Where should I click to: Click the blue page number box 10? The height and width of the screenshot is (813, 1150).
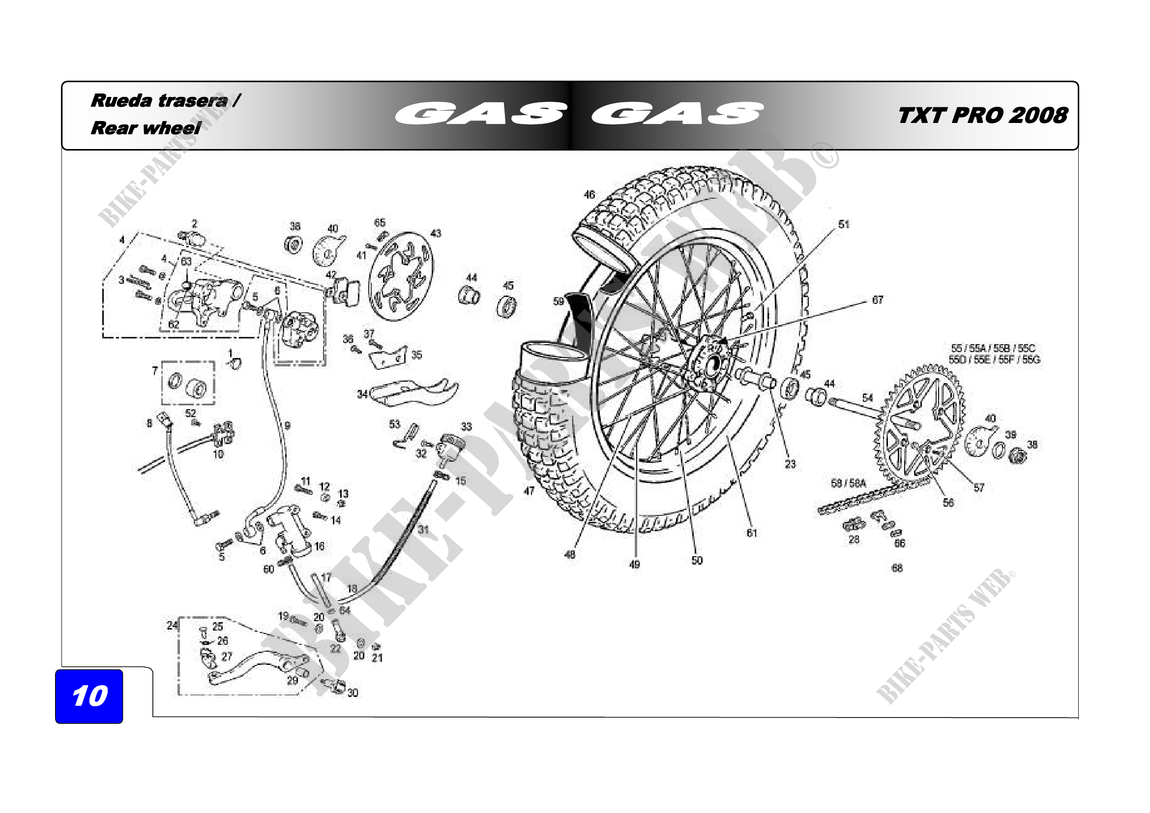89,696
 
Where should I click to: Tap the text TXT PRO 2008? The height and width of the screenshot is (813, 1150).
982,116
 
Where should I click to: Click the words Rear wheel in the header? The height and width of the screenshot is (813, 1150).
146,128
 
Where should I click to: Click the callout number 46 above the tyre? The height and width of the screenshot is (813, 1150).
590,194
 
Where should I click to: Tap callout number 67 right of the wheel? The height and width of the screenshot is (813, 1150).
878,300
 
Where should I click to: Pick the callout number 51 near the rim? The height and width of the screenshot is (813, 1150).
844,224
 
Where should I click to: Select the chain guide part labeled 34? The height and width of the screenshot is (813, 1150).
416,392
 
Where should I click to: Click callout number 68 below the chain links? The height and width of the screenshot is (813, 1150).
897,568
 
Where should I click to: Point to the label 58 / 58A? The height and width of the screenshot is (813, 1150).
848,483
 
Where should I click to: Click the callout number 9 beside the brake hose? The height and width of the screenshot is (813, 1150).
288,426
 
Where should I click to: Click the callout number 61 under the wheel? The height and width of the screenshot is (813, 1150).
752,533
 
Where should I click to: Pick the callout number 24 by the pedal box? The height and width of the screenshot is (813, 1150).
172,625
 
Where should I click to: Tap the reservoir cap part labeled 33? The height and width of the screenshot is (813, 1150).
450,446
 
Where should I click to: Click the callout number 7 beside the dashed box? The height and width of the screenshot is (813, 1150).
155,371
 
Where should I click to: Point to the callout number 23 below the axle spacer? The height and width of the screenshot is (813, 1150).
791,464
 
